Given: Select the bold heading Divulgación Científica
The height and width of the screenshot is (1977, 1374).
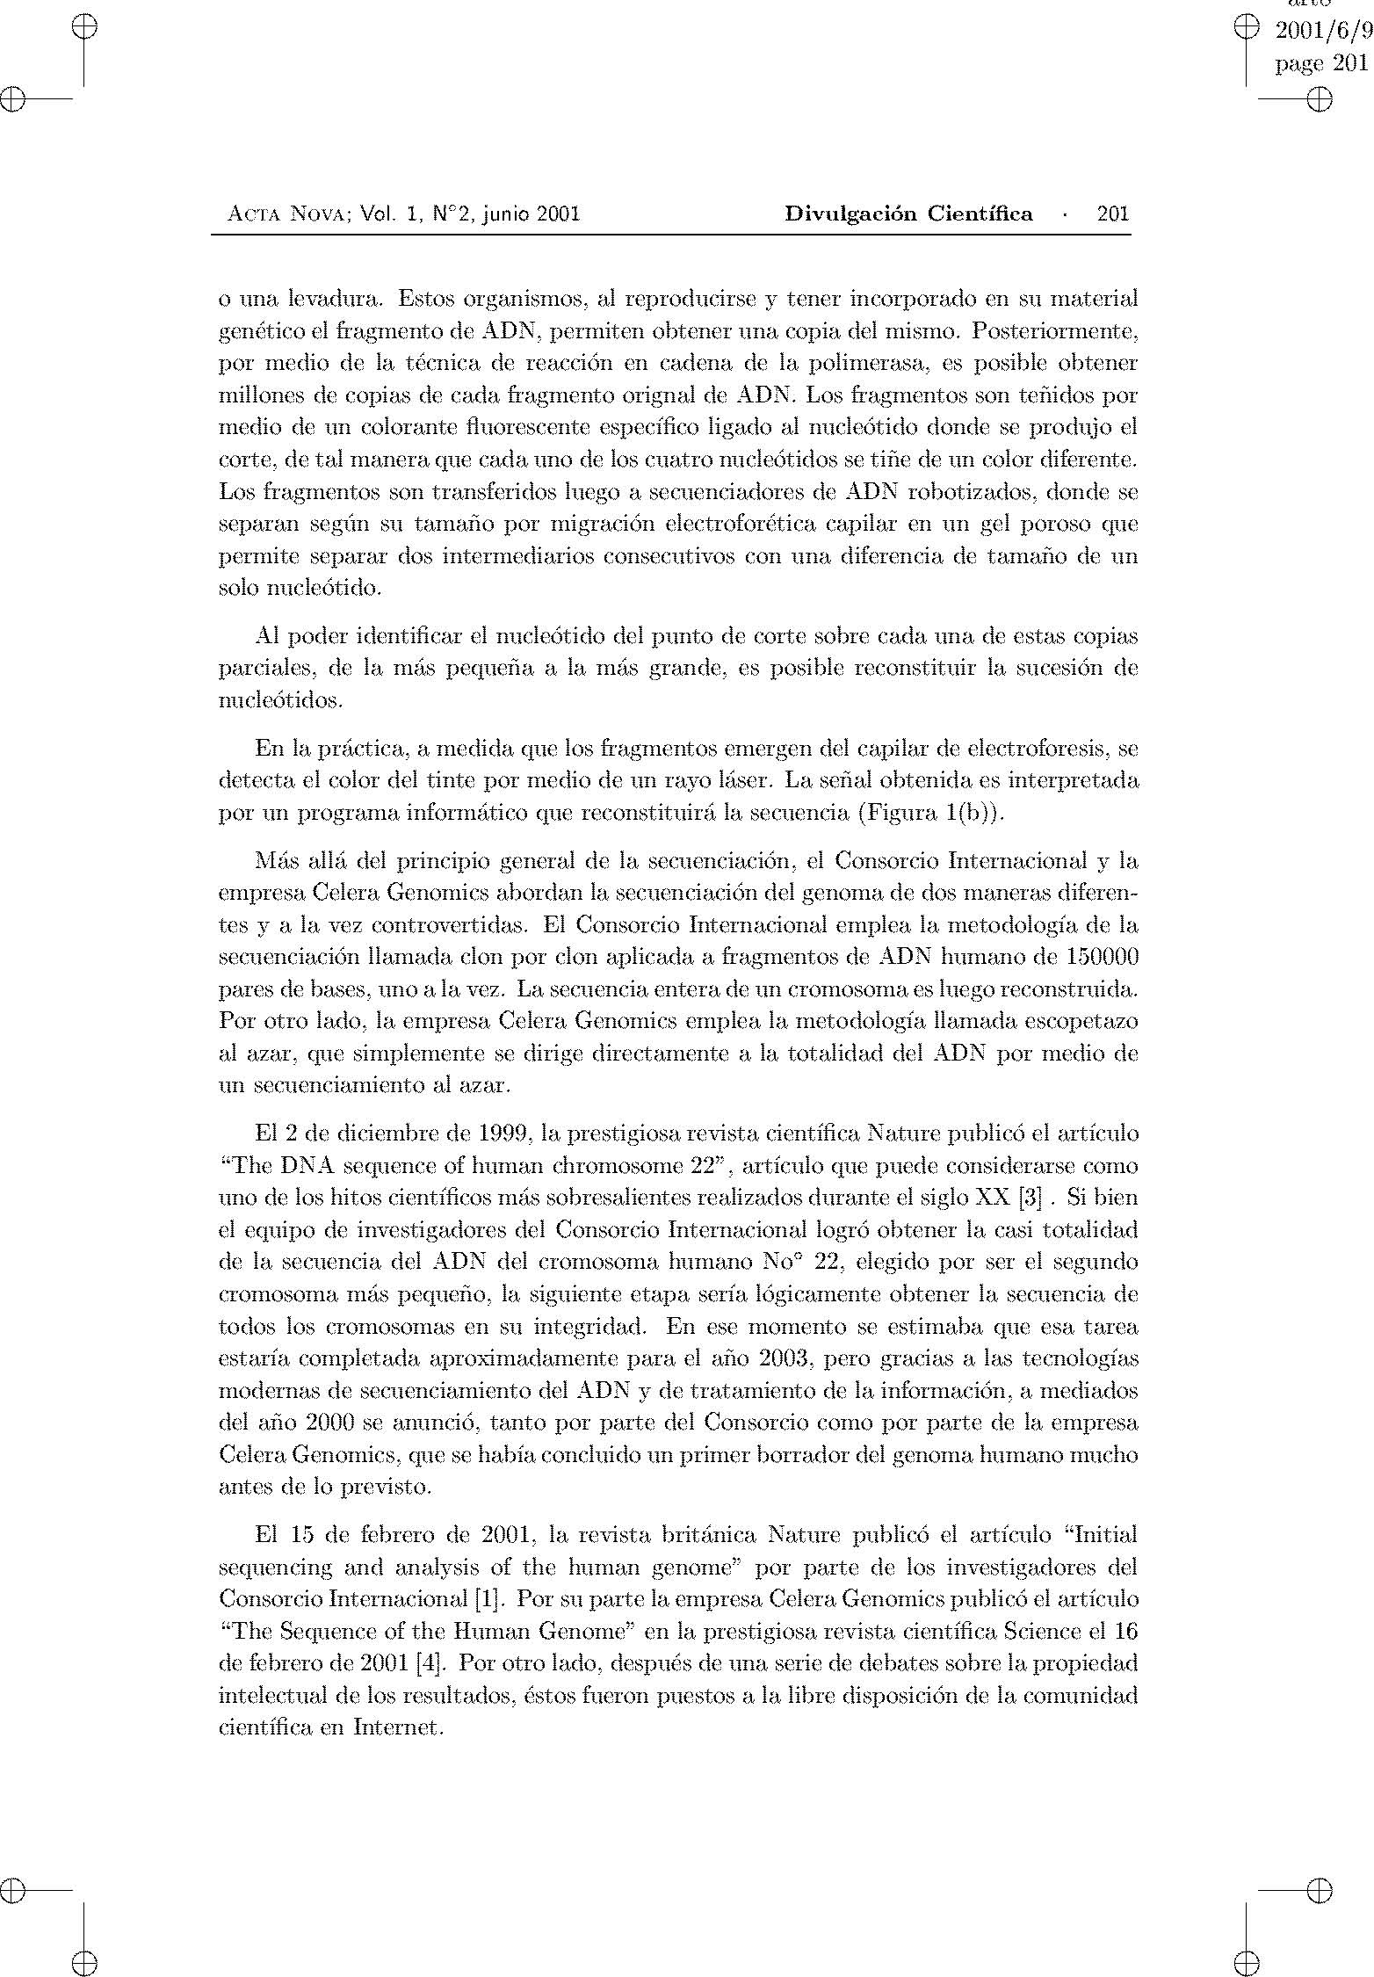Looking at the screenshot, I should tap(908, 214).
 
